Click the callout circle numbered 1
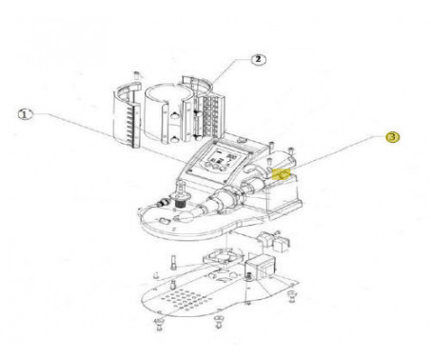click(x=26, y=114)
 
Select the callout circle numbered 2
click(x=259, y=59)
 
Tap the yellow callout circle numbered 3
click(x=392, y=137)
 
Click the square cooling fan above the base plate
click(x=223, y=257)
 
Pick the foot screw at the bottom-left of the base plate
click(x=158, y=324)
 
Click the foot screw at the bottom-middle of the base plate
click(x=218, y=321)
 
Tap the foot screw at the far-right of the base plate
click(x=291, y=297)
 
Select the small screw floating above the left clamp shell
click(x=137, y=75)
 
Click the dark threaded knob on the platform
click(x=181, y=201)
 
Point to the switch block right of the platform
click(x=274, y=241)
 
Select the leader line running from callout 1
click(x=108, y=138)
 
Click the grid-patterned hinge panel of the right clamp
click(x=210, y=117)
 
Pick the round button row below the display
click(x=213, y=166)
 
